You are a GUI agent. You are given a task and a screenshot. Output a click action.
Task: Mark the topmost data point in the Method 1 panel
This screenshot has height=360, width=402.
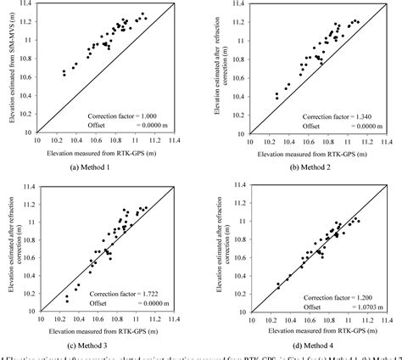(x=142, y=14)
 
